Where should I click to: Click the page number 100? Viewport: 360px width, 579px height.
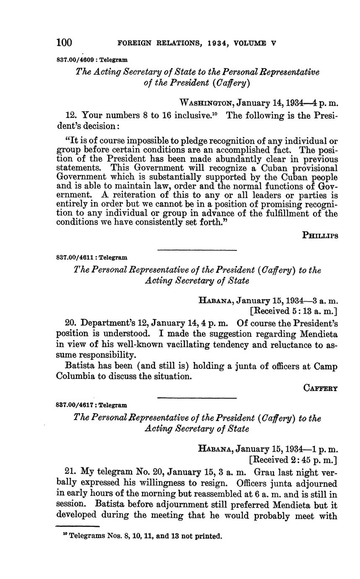[64, 42]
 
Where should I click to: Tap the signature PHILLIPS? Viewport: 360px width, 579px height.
[320, 235]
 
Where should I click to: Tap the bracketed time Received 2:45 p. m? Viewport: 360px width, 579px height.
[294, 460]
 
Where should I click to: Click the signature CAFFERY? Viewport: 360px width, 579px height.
[321, 388]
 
